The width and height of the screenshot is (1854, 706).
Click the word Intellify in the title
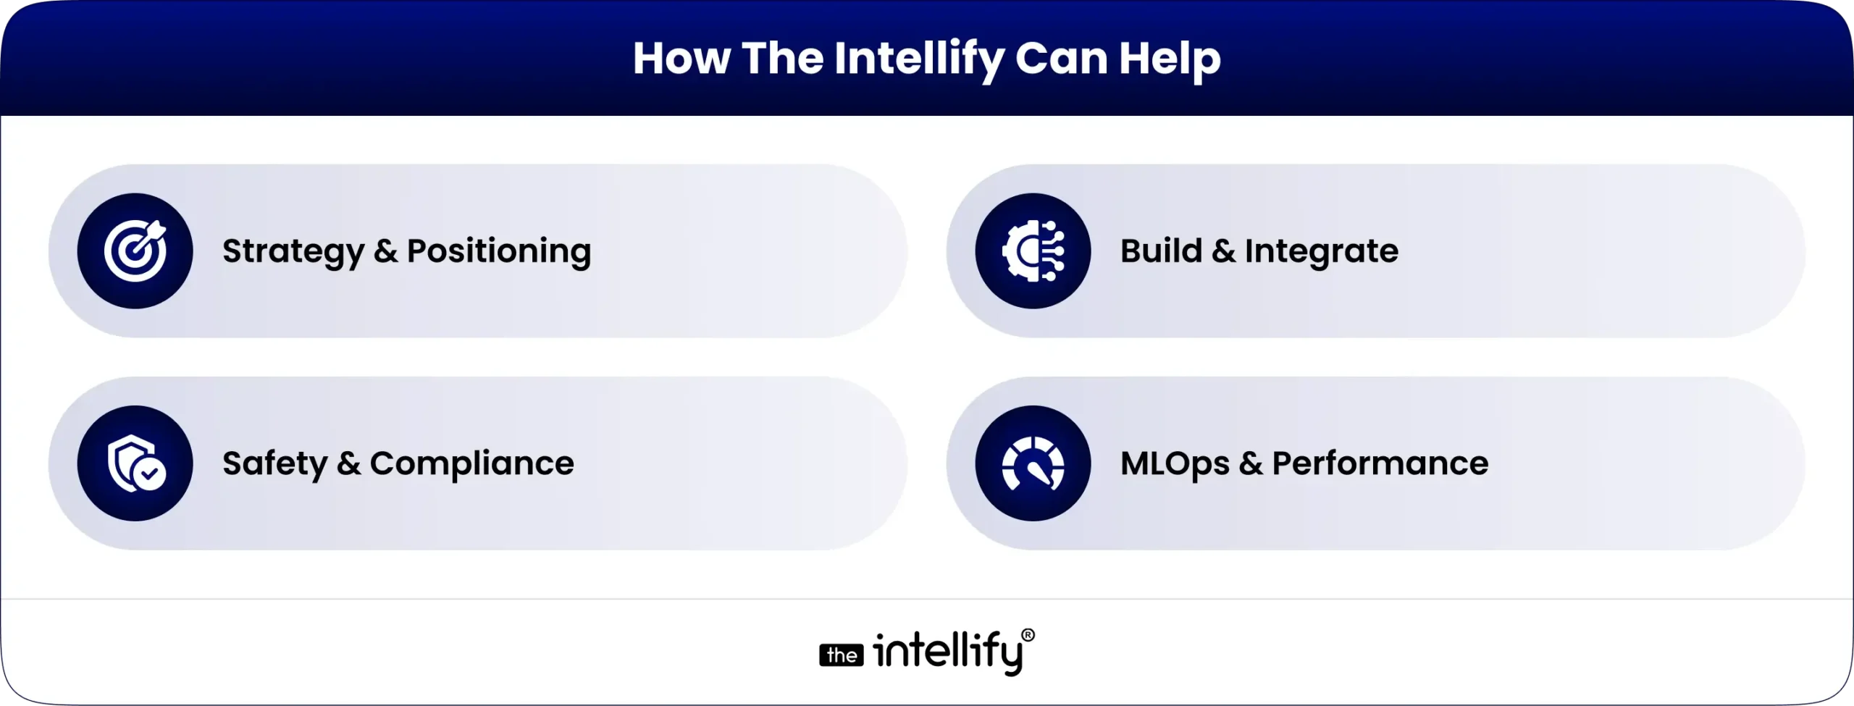click(x=918, y=59)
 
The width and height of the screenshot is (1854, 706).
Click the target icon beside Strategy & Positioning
click(x=135, y=251)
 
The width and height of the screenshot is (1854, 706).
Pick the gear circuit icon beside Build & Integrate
click(x=1033, y=251)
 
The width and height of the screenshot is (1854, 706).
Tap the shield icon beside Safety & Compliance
click(x=135, y=463)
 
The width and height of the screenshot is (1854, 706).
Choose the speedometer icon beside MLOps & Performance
click(x=1033, y=463)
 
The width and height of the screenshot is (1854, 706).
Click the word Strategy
click(x=293, y=252)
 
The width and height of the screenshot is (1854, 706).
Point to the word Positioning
click(x=499, y=252)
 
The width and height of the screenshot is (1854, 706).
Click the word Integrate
click(x=1321, y=252)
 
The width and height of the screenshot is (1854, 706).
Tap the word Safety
click(x=274, y=464)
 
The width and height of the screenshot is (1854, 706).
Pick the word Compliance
click(x=471, y=464)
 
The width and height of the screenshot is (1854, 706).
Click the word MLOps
click(x=1175, y=464)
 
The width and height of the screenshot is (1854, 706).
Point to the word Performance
click(x=1380, y=463)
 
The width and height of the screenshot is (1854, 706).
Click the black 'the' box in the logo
click(x=842, y=655)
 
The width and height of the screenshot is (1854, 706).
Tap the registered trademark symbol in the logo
click(x=1028, y=636)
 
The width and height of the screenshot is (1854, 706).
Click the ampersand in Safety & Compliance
click(x=348, y=463)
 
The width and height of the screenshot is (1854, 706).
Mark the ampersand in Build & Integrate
click(x=1223, y=251)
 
